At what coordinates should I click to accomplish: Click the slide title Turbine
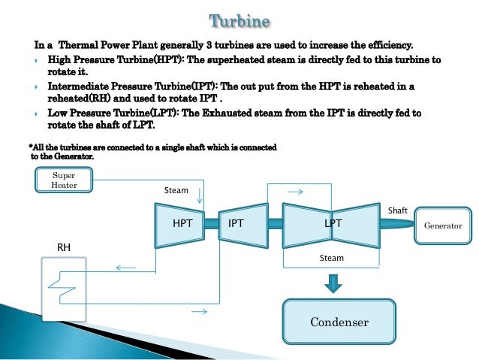[239, 18]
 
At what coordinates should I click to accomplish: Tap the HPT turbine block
[182, 224]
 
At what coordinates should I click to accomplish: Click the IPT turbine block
[236, 224]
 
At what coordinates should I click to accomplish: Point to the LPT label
[333, 224]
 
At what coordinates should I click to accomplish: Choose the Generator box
[444, 225]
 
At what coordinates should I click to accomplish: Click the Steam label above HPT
[176, 191]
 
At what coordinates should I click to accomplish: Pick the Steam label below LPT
[332, 258]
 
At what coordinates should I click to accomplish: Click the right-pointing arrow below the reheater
[199, 310]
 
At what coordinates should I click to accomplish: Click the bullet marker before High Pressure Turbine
[38, 59]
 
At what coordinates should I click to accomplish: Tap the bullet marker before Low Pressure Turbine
[38, 113]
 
